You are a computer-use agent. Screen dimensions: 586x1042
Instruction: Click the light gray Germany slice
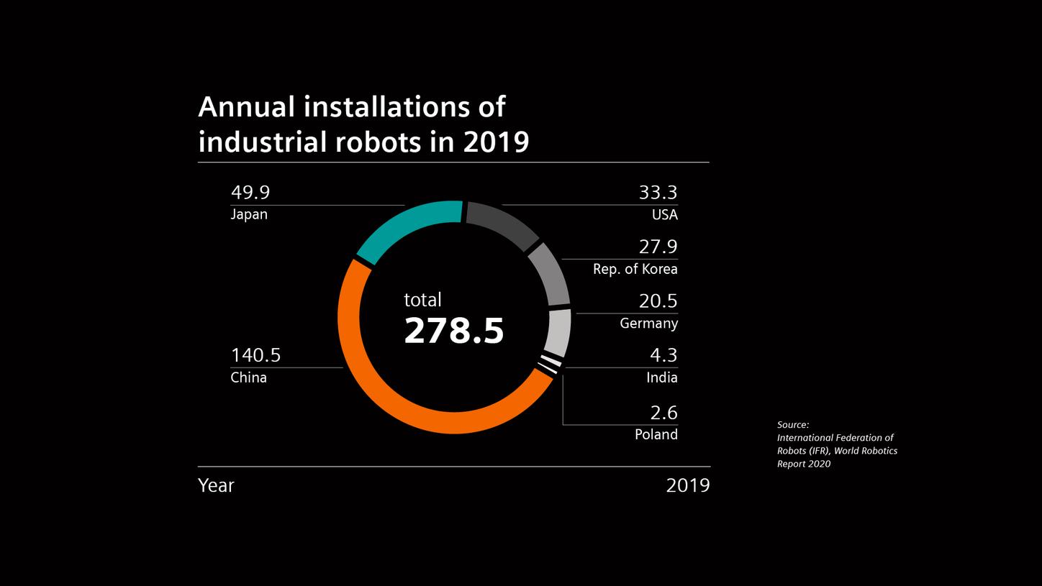coord(559,331)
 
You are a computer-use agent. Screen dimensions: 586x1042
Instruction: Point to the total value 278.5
coord(453,331)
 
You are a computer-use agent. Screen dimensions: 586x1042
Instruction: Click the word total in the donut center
coord(422,300)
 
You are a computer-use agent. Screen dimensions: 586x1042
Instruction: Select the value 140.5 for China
coord(255,355)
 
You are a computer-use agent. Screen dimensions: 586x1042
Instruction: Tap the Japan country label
coord(249,214)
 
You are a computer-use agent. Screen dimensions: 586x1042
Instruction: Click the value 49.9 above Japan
coord(250,193)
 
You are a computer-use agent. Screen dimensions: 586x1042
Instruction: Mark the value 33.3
coord(658,193)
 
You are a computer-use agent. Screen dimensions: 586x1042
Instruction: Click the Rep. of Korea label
coord(635,269)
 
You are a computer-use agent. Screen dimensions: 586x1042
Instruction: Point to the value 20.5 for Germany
coord(658,301)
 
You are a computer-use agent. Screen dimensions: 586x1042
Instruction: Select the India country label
coord(661,377)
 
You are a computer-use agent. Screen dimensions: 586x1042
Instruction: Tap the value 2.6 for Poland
coord(663,413)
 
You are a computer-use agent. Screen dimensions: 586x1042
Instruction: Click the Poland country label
coord(656,434)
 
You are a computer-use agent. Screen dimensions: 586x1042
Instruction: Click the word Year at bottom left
coord(216,485)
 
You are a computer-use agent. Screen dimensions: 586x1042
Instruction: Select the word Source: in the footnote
coord(793,425)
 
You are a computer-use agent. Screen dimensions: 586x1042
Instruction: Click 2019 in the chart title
coord(496,142)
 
